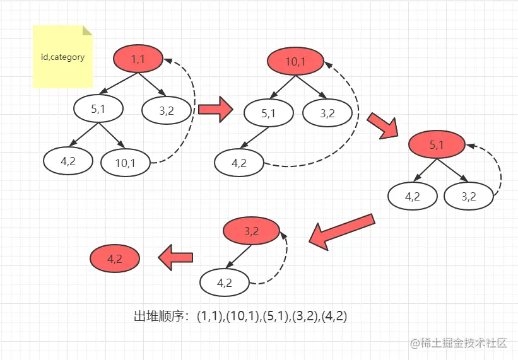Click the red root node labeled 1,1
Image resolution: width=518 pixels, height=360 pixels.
tap(138, 59)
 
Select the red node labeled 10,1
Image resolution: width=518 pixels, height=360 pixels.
tap(295, 61)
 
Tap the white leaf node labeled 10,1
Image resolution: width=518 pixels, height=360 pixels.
tap(125, 163)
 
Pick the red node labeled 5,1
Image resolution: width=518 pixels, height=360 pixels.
tap(437, 144)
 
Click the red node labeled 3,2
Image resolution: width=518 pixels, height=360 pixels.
tap(251, 231)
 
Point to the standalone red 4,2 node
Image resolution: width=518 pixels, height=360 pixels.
tap(115, 258)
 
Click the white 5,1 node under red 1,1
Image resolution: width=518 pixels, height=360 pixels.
tap(98, 108)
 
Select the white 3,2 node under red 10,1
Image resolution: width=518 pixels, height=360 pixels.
tap(327, 113)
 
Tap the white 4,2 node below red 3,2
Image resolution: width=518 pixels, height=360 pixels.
tap(225, 283)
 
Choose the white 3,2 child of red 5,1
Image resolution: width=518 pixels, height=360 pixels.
tap(468, 196)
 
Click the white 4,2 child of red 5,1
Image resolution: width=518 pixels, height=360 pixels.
tap(412, 196)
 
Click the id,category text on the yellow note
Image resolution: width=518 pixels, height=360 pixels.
tap(62, 57)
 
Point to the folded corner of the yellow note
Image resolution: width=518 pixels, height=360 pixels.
tap(87, 30)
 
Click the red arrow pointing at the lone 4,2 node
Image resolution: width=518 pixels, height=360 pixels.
tap(175, 257)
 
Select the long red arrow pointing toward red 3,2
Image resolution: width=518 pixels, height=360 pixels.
tap(342, 232)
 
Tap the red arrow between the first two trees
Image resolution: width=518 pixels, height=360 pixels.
tap(216, 109)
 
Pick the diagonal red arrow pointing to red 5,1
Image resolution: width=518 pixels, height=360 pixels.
tap(383, 126)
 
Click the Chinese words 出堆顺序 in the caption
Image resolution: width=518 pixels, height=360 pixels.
tap(158, 316)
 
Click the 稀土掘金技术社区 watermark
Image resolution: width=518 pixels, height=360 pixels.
tap(464, 343)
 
